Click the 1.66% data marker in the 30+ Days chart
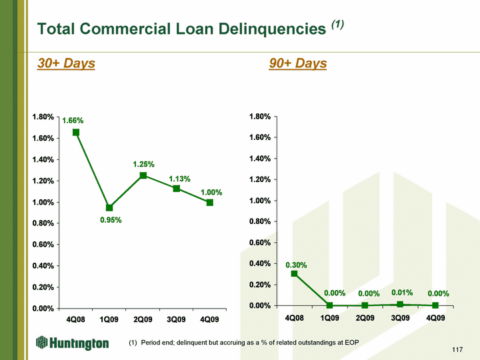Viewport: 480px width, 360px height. click(75, 132)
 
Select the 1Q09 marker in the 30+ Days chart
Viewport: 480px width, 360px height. click(109, 208)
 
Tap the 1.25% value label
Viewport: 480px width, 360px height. click(143, 165)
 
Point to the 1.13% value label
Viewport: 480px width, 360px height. click(180, 179)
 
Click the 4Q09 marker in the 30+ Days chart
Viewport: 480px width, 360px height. click(210, 203)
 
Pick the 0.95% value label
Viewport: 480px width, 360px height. click(111, 220)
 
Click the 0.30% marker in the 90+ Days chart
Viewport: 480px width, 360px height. click(294, 274)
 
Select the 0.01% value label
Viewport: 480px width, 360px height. click(402, 293)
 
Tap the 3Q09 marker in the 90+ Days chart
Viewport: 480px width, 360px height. click(400, 304)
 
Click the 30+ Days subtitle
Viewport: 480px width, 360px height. click(66, 63)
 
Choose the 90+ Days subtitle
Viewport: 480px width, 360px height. click(298, 63)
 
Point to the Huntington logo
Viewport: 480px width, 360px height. click(72, 343)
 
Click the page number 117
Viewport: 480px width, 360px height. click(457, 349)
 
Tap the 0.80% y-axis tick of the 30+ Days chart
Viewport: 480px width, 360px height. click(43, 223)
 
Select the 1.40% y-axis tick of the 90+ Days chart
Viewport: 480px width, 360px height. click(260, 159)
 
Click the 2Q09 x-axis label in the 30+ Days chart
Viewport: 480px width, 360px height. click(143, 319)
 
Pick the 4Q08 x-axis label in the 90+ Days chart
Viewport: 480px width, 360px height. click(294, 318)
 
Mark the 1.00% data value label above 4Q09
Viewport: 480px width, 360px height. click(211, 193)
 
